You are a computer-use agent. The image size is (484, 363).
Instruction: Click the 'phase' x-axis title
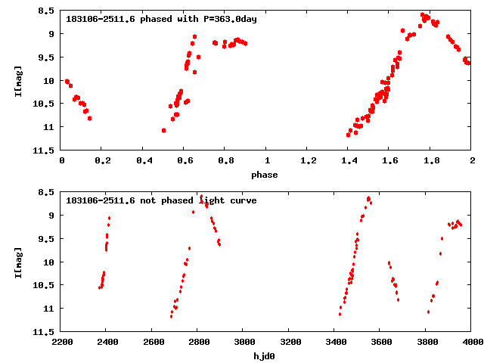click(265, 174)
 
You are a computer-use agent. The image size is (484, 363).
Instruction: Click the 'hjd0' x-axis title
click(265, 355)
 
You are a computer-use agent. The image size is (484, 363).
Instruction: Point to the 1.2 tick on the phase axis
click(308, 161)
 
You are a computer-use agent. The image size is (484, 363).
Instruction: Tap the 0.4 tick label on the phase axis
click(144, 161)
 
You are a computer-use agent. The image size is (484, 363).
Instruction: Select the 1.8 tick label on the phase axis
click(431, 161)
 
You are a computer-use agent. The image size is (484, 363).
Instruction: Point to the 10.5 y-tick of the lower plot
click(45, 286)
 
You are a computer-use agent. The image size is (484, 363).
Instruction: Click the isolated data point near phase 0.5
click(163, 130)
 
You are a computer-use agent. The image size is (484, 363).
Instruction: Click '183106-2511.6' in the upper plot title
click(101, 19)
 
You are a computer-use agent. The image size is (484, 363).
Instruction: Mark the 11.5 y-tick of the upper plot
click(45, 150)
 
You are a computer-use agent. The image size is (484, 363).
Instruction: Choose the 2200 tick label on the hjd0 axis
click(61, 343)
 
